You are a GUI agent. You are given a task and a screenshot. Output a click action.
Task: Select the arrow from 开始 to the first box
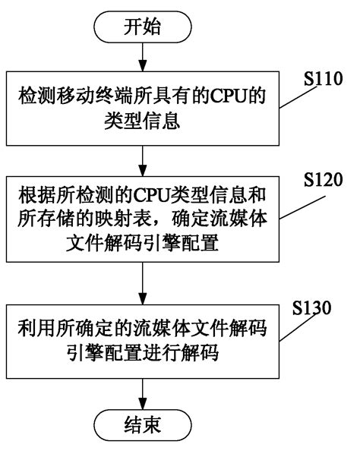click(x=142, y=58)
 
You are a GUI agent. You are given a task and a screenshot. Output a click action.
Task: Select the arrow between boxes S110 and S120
click(x=142, y=156)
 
